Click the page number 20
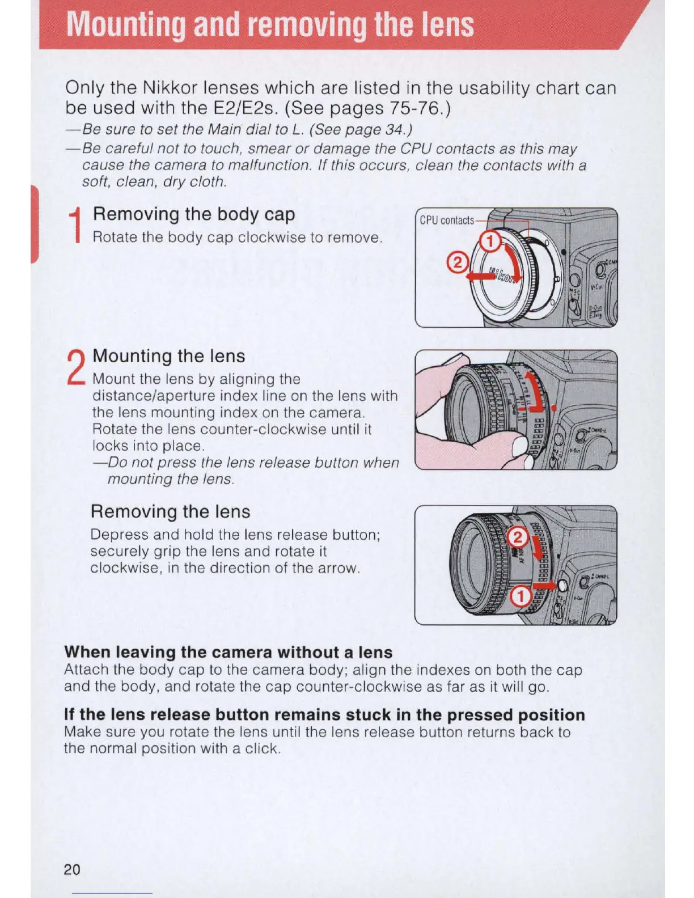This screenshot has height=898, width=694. pyautogui.click(x=72, y=870)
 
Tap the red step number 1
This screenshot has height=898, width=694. pyautogui.click(x=75, y=226)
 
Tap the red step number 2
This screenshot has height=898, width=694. pyautogui.click(x=75, y=367)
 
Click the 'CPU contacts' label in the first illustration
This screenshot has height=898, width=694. pyautogui.click(x=446, y=220)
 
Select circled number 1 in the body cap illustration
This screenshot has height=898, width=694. pyautogui.click(x=490, y=243)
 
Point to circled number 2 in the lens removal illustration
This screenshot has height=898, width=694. pyautogui.click(x=517, y=537)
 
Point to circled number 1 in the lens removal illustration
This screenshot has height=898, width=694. pyautogui.click(x=520, y=596)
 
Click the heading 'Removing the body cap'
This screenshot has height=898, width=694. pyautogui.click(x=194, y=214)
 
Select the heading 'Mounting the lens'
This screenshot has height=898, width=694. pyautogui.click(x=169, y=356)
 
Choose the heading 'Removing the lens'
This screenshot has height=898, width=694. pyautogui.click(x=170, y=511)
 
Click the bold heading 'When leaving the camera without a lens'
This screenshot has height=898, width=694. pyautogui.click(x=228, y=652)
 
